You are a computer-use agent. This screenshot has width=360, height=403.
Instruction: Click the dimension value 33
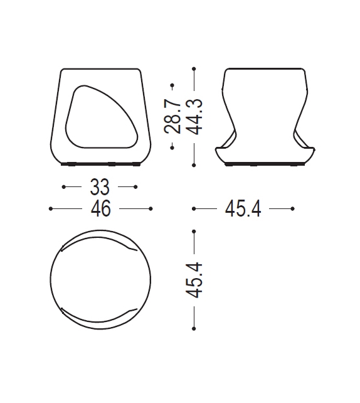[x=100, y=187]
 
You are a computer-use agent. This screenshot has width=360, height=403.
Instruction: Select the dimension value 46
[x=100, y=208]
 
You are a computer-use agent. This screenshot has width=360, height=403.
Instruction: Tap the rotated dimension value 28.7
[x=173, y=116]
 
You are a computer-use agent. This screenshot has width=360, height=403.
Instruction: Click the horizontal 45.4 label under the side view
[x=243, y=209]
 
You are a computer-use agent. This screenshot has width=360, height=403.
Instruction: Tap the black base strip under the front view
[x=100, y=164]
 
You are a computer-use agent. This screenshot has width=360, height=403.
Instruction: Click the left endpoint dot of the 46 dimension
[x=50, y=208]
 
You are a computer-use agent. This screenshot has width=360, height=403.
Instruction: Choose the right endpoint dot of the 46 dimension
[x=151, y=208]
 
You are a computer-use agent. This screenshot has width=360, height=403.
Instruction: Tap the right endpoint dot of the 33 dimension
[x=136, y=187]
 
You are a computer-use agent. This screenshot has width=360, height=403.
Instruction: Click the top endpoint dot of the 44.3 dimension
[x=194, y=68]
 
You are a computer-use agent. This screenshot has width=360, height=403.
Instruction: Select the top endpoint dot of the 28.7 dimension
[x=173, y=82]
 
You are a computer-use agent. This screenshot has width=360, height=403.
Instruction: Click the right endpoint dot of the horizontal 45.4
[x=293, y=208]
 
